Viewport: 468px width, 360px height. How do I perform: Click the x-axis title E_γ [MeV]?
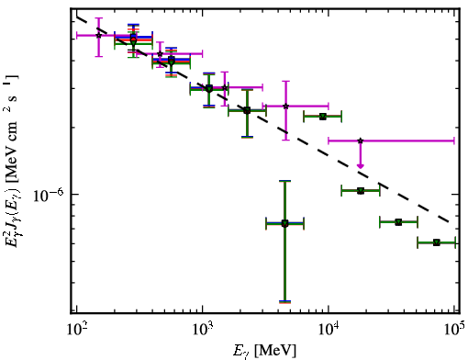[x=264, y=351]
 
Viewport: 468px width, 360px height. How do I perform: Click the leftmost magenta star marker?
[x=98, y=36]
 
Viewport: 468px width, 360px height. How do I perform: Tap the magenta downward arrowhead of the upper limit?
[x=361, y=165]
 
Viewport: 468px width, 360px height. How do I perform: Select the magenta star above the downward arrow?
[x=361, y=141]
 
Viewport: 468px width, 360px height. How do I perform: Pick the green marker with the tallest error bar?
[x=284, y=223]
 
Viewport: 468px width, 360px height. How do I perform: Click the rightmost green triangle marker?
[x=437, y=242]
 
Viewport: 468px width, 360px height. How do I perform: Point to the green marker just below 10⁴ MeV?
[x=323, y=117]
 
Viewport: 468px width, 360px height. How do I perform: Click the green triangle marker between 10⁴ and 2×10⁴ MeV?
[x=361, y=191]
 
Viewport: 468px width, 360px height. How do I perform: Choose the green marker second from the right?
[x=398, y=222]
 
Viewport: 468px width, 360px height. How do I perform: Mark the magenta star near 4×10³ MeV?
[x=286, y=107]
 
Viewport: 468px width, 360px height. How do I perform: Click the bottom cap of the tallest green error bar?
[x=284, y=302]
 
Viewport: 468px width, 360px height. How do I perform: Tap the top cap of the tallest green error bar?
[x=284, y=181]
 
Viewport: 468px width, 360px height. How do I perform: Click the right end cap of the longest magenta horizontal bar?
[x=454, y=141]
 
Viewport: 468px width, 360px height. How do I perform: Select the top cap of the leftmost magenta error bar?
[x=98, y=18]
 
